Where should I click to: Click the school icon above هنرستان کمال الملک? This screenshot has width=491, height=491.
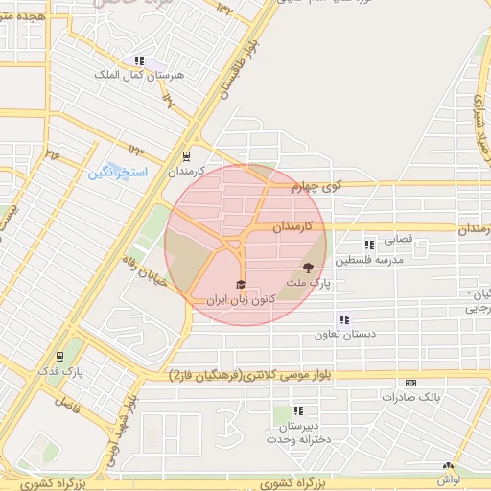[x=143, y=59]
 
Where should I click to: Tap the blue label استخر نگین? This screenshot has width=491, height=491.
[x=117, y=173]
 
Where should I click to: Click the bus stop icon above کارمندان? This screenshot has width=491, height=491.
[x=186, y=155]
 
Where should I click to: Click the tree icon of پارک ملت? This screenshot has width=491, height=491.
[x=308, y=268]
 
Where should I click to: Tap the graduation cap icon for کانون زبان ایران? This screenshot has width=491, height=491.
[x=240, y=284]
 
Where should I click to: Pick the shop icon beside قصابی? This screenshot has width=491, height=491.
[x=369, y=245]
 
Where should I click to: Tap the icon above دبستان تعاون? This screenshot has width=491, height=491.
[x=343, y=319]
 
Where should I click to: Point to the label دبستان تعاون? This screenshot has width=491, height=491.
[x=342, y=336]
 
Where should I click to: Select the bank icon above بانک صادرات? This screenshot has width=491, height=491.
[x=411, y=382]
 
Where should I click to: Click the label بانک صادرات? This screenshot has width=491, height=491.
[x=410, y=396]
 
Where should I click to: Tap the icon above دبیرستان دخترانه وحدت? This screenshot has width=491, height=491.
[x=299, y=409]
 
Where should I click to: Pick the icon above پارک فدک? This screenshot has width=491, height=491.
[x=60, y=355]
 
